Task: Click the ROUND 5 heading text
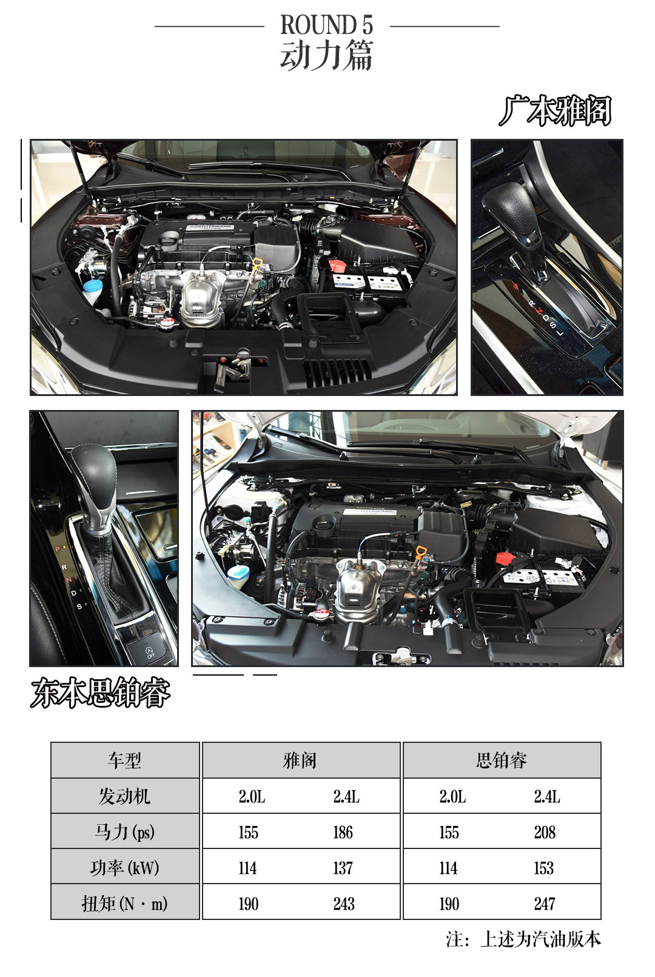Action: (x=327, y=25)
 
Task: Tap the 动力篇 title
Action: (x=327, y=55)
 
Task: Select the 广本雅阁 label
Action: (x=556, y=111)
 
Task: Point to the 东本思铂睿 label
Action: (x=100, y=693)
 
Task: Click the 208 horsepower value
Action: (x=545, y=832)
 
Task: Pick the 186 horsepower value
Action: (x=343, y=832)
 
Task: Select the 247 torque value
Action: (x=545, y=904)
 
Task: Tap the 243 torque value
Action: (x=344, y=904)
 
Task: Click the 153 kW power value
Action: (x=544, y=868)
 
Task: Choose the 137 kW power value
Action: (x=343, y=868)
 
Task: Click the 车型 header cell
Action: (x=125, y=760)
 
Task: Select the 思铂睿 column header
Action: (x=502, y=760)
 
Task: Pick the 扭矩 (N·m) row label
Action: (x=125, y=904)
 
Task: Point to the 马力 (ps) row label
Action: (x=125, y=832)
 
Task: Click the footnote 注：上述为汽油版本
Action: (x=523, y=939)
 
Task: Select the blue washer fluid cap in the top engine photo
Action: (x=92, y=286)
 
